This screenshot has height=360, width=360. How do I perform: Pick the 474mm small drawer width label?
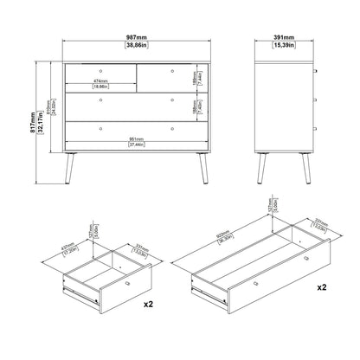(x=100, y=82)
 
